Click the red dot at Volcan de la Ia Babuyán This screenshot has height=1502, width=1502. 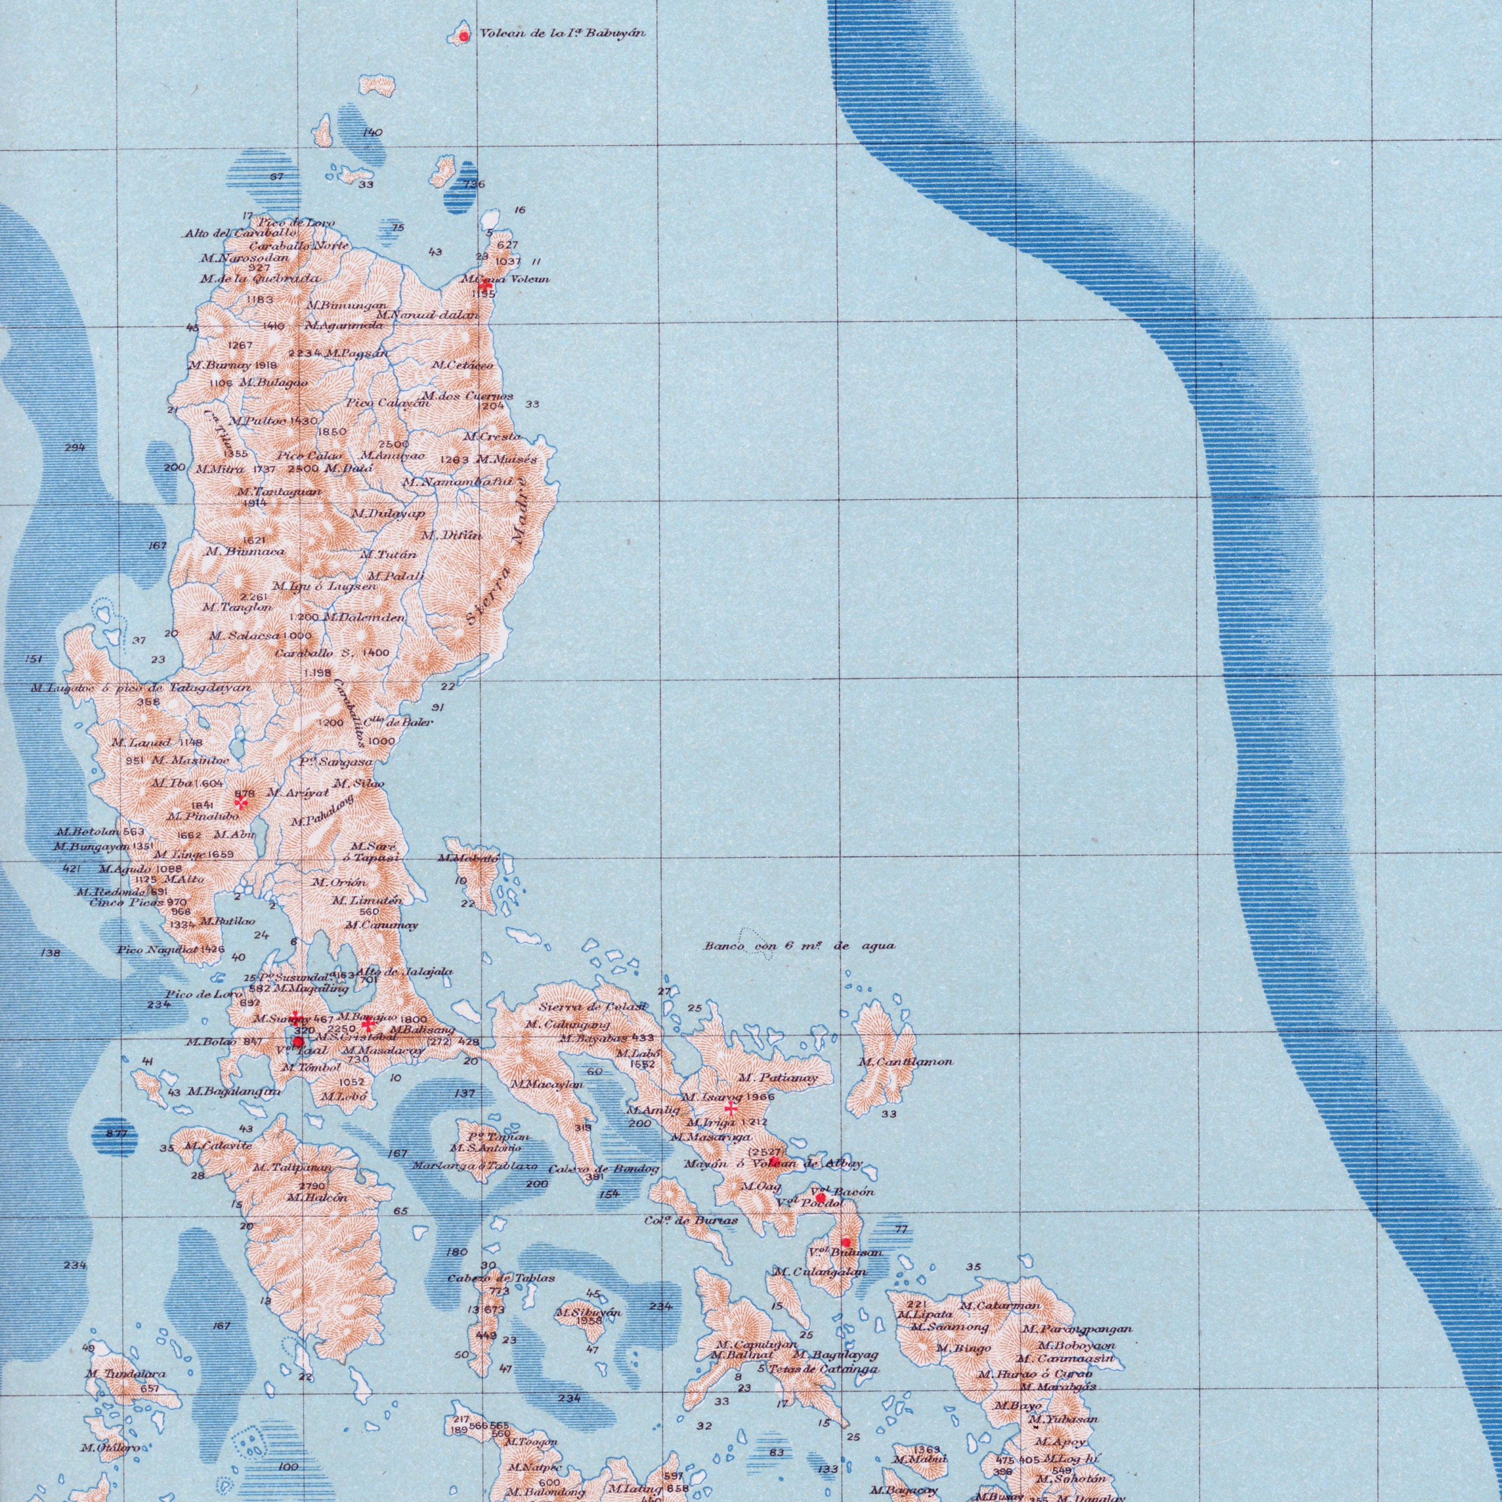click(x=463, y=37)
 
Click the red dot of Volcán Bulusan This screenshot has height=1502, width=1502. click(x=847, y=1242)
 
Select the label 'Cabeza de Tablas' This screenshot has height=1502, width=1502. click(x=502, y=1278)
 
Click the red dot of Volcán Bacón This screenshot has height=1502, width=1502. click(x=820, y=1198)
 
